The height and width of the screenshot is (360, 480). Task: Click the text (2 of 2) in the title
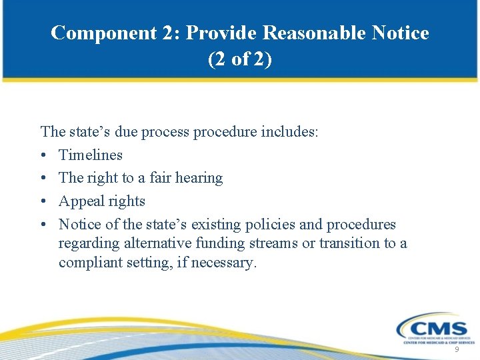[x=240, y=59]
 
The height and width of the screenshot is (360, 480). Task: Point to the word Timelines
[x=91, y=155]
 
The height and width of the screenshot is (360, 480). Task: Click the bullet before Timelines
[x=43, y=155]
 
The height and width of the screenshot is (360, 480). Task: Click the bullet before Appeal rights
[x=43, y=201]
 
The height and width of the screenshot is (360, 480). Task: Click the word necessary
[x=228, y=263]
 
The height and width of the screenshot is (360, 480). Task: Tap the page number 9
[x=457, y=350]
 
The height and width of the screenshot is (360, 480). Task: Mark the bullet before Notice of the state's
[x=43, y=225]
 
